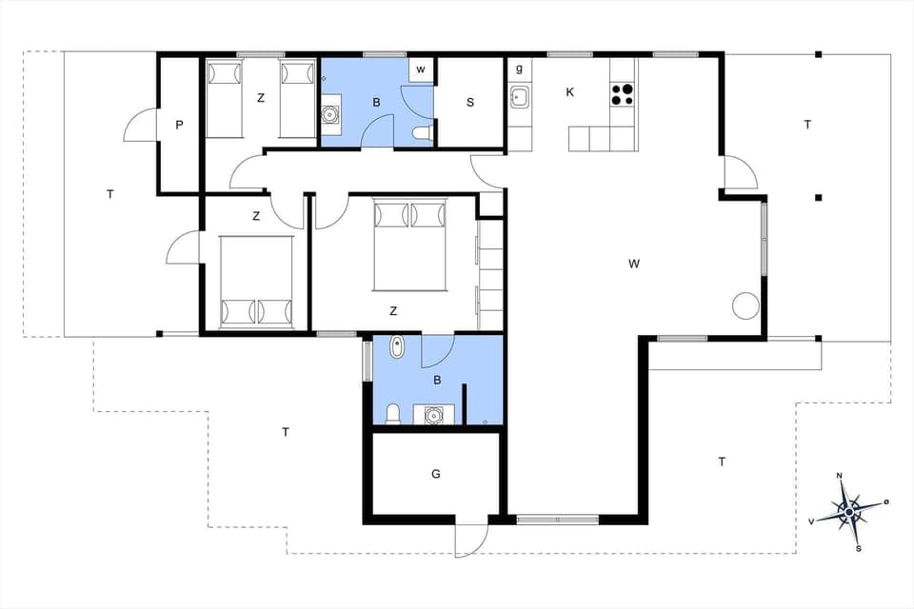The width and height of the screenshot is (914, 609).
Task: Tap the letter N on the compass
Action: click(x=839, y=476)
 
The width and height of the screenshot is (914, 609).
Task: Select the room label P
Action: click(x=178, y=125)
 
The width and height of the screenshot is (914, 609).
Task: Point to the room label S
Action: click(x=470, y=103)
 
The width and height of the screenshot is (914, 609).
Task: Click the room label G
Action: click(x=436, y=473)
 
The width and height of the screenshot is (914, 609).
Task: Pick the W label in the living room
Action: click(x=633, y=264)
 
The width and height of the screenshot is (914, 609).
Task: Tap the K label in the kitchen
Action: click(x=570, y=92)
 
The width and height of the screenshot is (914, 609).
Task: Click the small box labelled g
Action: click(x=519, y=69)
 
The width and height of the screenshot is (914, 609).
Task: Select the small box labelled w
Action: click(x=421, y=70)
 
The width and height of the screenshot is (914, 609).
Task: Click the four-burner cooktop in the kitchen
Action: click(x=622, y=94)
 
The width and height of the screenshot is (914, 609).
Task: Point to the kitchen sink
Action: click(x=520, y=97)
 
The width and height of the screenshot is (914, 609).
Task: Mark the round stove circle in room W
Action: click(x=745, y=305)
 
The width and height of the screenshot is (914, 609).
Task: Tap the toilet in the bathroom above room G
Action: click(x=392, y=414)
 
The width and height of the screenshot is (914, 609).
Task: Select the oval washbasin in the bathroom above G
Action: click(x=397, y=348)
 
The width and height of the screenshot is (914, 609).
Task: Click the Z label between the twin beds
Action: click(x=259, y=97)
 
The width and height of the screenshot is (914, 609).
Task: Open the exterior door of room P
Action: click(x=139, y=125)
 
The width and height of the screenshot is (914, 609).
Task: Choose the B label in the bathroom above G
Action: click(x=437, y=381)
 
